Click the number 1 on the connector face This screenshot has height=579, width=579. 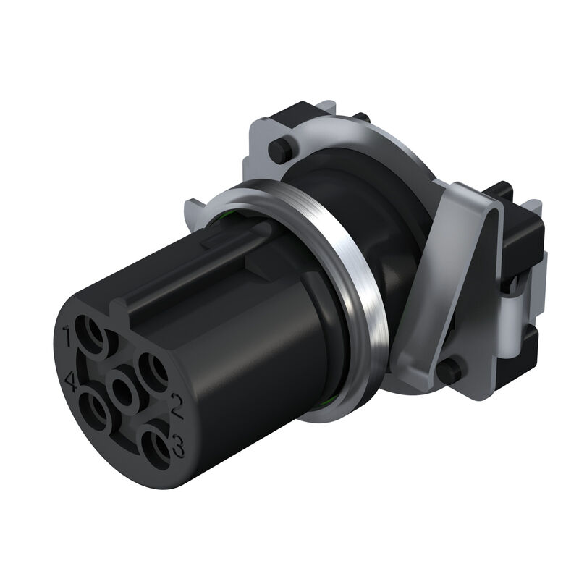coord(67,335)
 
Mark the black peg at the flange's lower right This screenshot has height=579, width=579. coord(449,371)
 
